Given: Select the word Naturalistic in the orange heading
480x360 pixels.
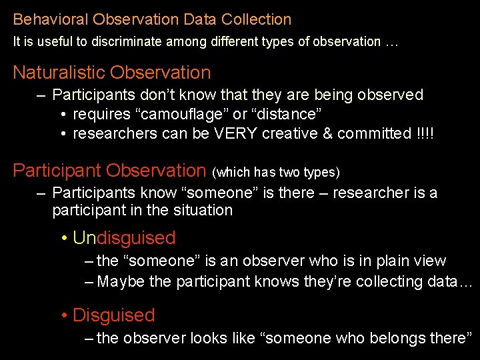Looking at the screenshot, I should [59, 73].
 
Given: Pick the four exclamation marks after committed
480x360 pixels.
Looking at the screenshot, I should [424, 133].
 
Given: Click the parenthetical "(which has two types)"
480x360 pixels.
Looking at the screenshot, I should [276, 173].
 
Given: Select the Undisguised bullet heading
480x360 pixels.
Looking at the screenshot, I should [124, 238].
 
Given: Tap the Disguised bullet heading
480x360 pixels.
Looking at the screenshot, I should [113, 315].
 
